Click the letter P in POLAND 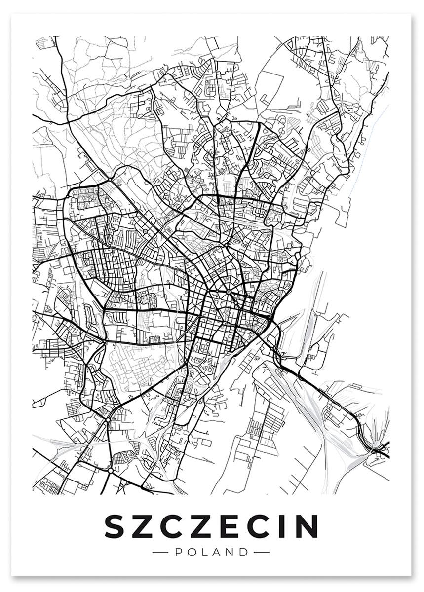(x=178, y=552)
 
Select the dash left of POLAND (x=161, y=552)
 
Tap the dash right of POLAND (x=261, y=552)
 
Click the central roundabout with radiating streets (x=230, y=293)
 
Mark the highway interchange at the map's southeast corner (x=378, y=449)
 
